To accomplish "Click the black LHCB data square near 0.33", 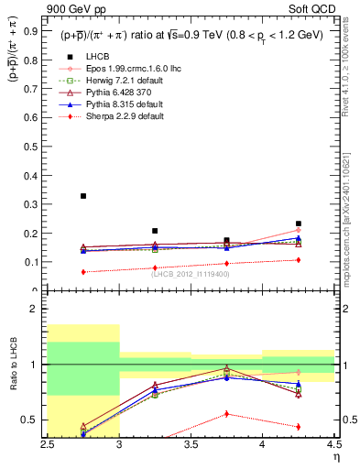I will (83, 196).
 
